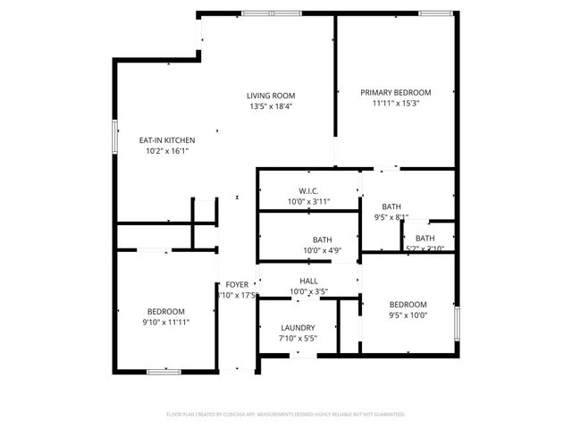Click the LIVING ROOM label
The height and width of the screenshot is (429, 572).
point(271,96)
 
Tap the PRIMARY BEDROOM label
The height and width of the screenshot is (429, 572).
point(395,92)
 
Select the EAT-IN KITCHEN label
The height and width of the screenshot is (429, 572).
point(166,140)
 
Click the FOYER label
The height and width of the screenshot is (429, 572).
point(237,284)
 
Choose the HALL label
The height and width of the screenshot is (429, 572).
point(309,281)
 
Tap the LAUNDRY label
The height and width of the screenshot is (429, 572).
point(298,328)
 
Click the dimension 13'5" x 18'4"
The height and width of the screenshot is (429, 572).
point(271,106)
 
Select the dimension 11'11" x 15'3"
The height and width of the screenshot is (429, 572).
point(395,103)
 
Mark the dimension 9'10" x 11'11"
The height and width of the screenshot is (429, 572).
point(165,322)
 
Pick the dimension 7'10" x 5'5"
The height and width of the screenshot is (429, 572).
point(298,339)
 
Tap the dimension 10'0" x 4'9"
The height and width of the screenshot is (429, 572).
point(309,250)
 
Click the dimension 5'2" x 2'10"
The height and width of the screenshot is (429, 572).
point(425,248)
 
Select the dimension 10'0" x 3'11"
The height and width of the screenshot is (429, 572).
point(309,202)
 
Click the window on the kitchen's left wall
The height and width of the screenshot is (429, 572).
point(114,137)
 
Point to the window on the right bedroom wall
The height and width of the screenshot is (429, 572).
point(456,322)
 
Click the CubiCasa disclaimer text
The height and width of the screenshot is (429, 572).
point(286,414)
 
